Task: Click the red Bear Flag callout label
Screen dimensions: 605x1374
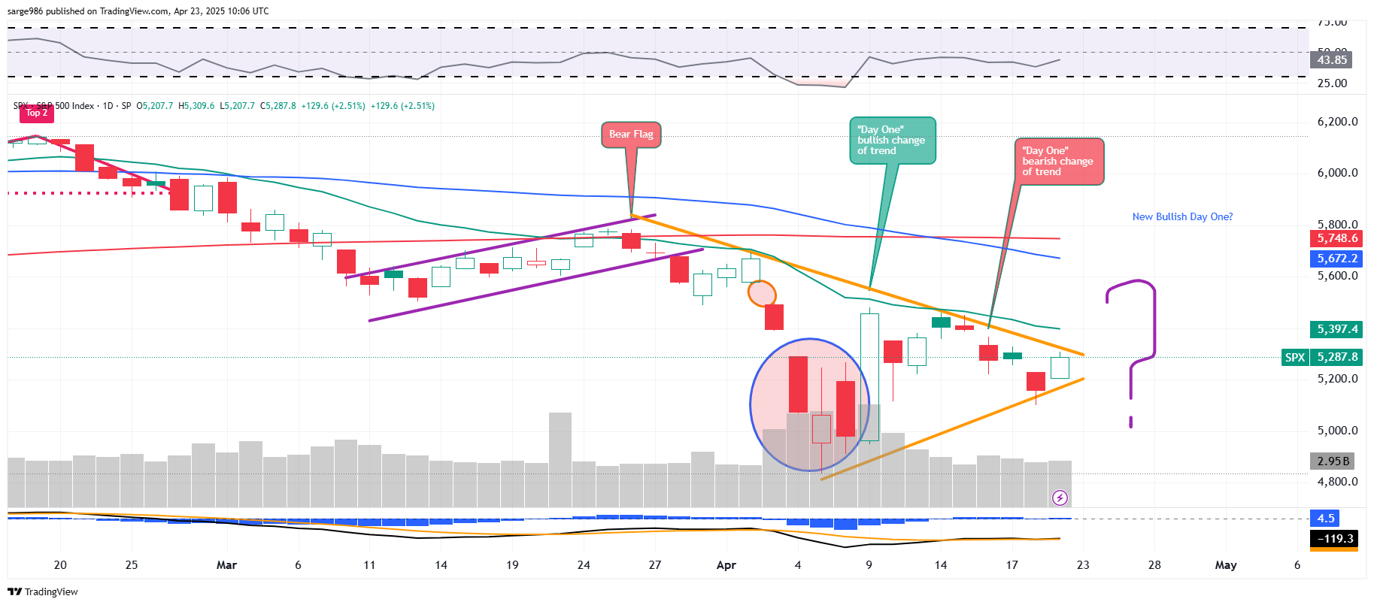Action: [x=631, y=135]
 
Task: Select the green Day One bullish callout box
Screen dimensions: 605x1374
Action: [x=892, y=140]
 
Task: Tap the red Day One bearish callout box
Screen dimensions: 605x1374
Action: [x=1058, y=161]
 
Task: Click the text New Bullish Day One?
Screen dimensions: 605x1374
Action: [x=1182, y=216]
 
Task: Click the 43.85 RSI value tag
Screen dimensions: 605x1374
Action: [x=1331, y=59]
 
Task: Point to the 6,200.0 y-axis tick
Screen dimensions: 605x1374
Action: [x=1337, y=122]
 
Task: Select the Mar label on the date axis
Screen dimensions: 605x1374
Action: [x=226, y=565]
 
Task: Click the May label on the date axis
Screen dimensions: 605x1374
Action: [x=1225, y=565]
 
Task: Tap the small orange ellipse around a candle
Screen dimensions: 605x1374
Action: [x=762, y=293]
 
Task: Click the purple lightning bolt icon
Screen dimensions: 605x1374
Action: [x=1060, y=498]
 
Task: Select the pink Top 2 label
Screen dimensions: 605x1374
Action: [x=36, y=113]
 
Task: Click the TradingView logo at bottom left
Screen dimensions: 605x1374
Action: [x=43, y=591]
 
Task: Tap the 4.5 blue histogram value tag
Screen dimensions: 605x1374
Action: [x=1325, y=518]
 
